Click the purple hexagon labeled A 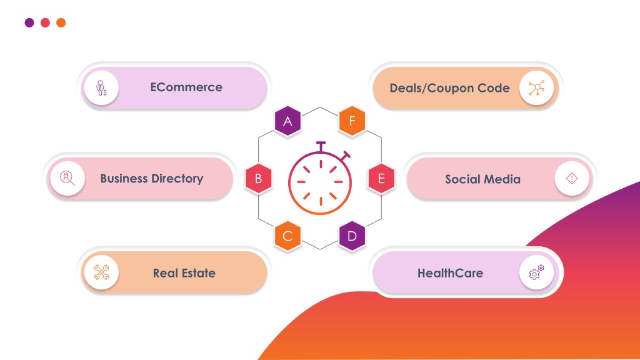287,121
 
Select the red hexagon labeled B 258,178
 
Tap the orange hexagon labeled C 287,236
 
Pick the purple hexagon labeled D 352,236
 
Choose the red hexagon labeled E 381,178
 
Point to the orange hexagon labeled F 352,121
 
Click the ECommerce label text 186,87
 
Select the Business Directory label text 152,178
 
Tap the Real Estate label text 184,273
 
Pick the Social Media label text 482,179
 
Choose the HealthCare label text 450,273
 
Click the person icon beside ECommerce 101,87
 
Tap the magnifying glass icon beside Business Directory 67,178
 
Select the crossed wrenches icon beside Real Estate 101,272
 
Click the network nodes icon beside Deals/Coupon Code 536,88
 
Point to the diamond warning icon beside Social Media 572,178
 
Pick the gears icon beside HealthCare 536,272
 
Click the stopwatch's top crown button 321,146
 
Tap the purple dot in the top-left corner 29,22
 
